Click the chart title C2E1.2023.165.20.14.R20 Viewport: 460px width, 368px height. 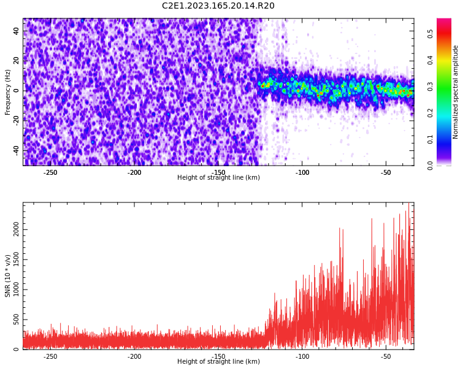218,6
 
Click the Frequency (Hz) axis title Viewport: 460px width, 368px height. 7,91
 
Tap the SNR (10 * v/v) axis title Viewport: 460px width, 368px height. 7,275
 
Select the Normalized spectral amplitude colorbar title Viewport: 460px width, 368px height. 456,91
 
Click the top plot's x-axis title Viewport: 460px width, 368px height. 218,178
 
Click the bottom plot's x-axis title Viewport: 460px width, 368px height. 218,362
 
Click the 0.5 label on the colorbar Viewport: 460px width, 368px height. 431,34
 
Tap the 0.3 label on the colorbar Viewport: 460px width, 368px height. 431,86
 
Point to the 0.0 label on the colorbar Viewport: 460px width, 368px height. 431,165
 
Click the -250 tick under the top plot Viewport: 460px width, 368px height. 50,172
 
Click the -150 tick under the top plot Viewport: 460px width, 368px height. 218,172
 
